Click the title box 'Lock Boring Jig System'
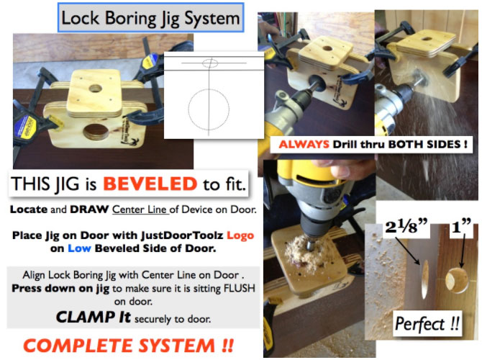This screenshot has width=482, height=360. click(151, 17)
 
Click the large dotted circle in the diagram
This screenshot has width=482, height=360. click(209, 109)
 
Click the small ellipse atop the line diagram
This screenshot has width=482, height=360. click(209, 63)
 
